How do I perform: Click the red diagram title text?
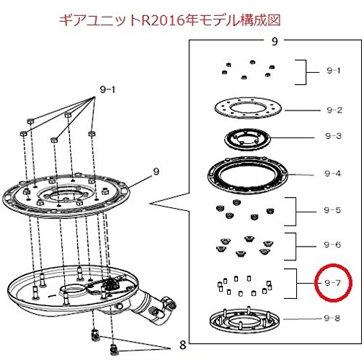(170, 20)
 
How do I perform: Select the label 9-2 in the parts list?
(334, 110)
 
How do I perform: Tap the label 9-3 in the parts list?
(333, 136)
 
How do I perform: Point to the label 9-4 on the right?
(333, 173)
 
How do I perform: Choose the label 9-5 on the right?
(332, 210)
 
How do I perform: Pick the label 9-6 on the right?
(332, 244)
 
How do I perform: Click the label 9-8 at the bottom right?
(332, 318)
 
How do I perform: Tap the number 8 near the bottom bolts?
(183, 345)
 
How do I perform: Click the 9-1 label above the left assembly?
(108, 89)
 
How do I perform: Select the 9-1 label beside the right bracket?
(333, 71)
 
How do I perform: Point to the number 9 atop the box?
(274, 41)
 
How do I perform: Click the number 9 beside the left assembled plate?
(157, 172)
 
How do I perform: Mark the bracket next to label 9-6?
(296, 247)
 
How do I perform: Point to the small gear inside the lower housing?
(112, 283)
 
